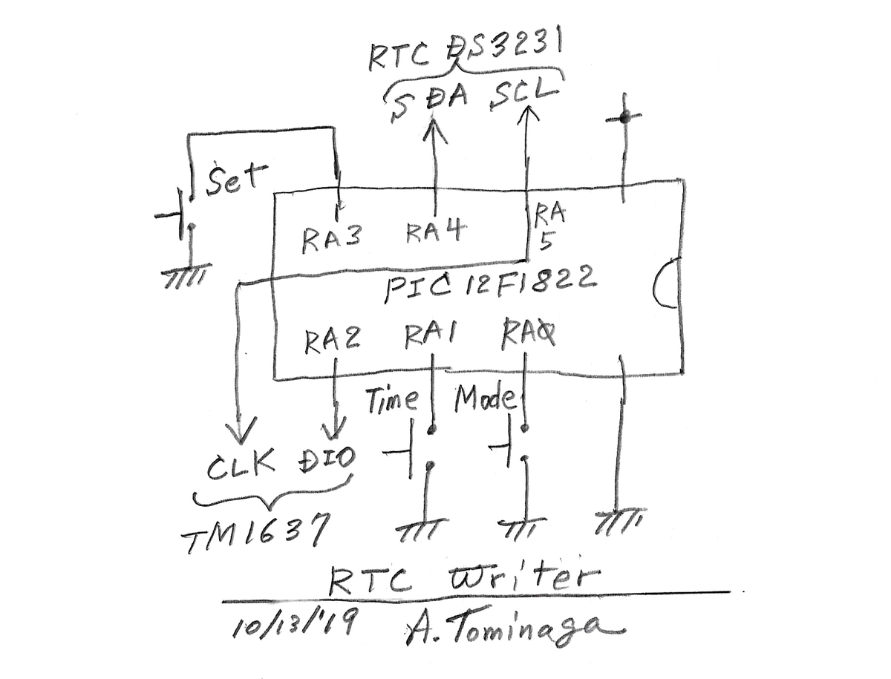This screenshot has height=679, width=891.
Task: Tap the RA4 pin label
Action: coord(435,232)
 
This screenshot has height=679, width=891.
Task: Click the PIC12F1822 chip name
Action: coord(490,284)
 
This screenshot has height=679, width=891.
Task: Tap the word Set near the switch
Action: coord(236,180)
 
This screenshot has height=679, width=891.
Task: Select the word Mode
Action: coord(486,398)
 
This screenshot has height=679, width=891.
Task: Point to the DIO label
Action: coord(327,460)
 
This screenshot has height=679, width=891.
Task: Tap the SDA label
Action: coord(428,102)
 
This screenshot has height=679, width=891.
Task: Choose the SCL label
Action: coord(523,94)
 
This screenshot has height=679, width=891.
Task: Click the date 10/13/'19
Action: coord(294,621)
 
